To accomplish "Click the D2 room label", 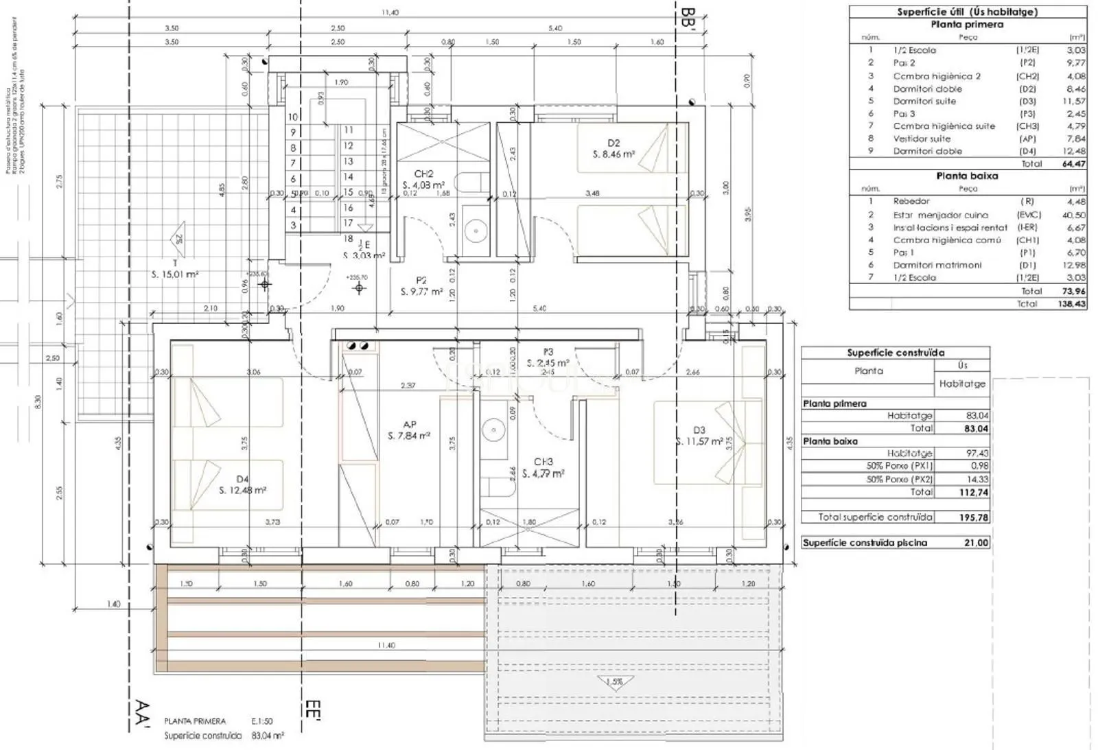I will (614, 143).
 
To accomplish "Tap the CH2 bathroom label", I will (424, 174).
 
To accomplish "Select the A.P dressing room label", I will (410, 425).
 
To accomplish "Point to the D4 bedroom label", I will (242, 479).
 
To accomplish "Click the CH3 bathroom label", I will (544, 462).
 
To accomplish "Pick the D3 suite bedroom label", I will (699, 430).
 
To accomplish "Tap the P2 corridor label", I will (421, 280).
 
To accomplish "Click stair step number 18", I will (348, 238).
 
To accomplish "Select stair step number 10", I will (293, 117).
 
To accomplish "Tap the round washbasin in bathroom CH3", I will (493, 430).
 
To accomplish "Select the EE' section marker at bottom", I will (313, 710).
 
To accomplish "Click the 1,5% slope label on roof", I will (614, 682).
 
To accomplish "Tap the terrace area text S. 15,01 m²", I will (175, 274).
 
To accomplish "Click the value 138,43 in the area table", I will (1072, 303).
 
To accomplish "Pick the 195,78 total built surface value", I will (974, 517).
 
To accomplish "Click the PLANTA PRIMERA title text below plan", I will (195, 721).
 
